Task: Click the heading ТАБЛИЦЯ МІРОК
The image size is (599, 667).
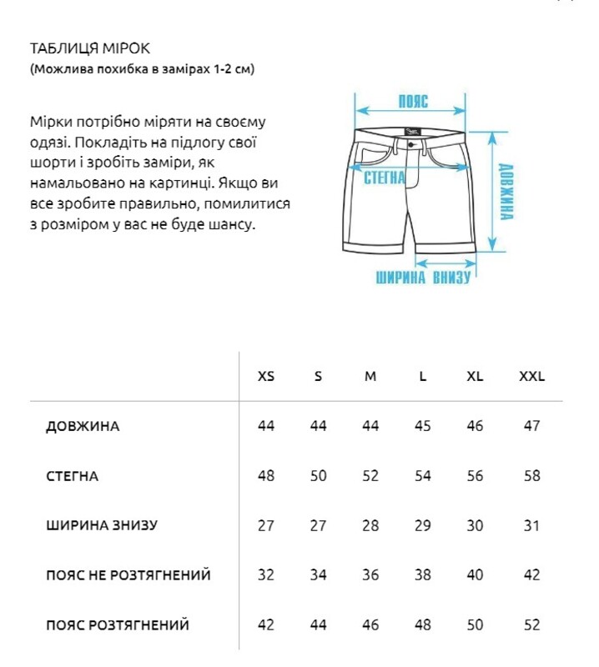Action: pyautogui.click(x=89, y=48)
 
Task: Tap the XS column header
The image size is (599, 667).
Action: pyautogui.click(x=266, y=376)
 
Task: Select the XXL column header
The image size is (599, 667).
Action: pyautogui.click(x=531, y=376)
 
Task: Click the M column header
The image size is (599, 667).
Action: pyautogui.click(x=370, y=376)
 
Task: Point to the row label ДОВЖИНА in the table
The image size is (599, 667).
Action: pyautogui.click(x=83, y=427)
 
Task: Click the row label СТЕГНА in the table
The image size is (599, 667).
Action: pyautogui.click(x=73, y=477)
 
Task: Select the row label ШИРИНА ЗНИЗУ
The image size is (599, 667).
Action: pyautogui.click(x=102, y=526)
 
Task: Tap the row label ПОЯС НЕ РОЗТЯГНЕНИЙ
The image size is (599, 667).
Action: pyautogui.click(x=128, y=575)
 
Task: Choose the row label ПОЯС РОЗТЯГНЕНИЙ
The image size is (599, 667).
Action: pyautogui.click(x=118, y=624)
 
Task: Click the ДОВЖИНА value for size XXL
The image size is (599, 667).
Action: pyautogui.click(x=531, y=426)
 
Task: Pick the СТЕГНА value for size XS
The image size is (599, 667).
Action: pyautogui.click(x=266, y=476)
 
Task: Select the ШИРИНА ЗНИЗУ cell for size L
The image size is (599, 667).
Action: pyautogui.click(x=423, y=526)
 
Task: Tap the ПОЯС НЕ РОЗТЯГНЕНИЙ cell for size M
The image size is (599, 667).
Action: pyautogui.click(x=370, y=575)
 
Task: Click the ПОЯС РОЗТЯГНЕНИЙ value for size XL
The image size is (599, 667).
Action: pyautogui.click(x=475, y=624)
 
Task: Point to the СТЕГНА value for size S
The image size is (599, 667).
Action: pyautogui.click(x=318, y=476)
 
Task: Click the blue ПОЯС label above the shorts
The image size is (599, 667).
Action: pyautogui.click(x=412, y=102)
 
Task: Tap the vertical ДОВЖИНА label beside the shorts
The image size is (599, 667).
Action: pyautogui.click(x=506, y=191)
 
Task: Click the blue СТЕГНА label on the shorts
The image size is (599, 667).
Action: pyautogui.click(x=385, y=177)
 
